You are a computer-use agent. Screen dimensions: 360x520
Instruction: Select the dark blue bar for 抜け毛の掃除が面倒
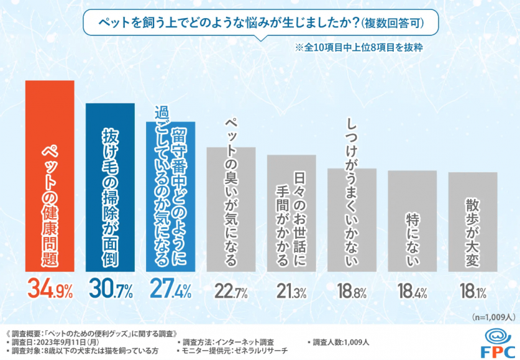click(x=109, y=187)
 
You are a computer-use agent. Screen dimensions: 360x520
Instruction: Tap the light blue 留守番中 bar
click(x=170, y=196)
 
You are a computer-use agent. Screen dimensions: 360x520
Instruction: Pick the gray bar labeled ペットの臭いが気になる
click(x=230, y=208)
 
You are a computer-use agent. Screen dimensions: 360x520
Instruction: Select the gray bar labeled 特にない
click(x=412, y=221)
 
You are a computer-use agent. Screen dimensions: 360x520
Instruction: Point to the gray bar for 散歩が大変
click(x=472, y=221)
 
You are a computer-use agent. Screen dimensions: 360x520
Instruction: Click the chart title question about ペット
click(x=262, y=23)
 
